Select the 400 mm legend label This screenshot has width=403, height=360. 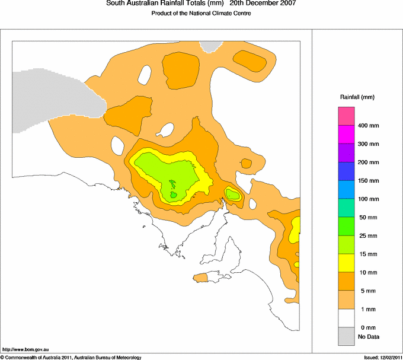pos(368,126)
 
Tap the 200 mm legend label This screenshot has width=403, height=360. pos(368,163)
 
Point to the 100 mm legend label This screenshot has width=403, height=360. pos(368,199)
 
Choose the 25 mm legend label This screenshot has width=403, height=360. pos(367,236)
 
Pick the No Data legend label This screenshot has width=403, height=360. pos(368,337)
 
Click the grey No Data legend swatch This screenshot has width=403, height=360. pos(346,336)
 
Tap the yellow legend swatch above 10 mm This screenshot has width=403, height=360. pos(346,263)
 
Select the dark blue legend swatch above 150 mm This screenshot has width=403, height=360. pos(346,171)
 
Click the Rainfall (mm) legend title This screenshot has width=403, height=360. pos(357,97)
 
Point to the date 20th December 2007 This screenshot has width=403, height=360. pos(263,4)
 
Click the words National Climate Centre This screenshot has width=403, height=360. pos(223,14)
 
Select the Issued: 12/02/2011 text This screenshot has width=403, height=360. pos(382,357)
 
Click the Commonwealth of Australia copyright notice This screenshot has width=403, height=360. pos(71,357)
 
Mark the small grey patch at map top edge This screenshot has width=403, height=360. pos(209,46)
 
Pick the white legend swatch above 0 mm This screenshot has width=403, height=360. pos(346,318)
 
